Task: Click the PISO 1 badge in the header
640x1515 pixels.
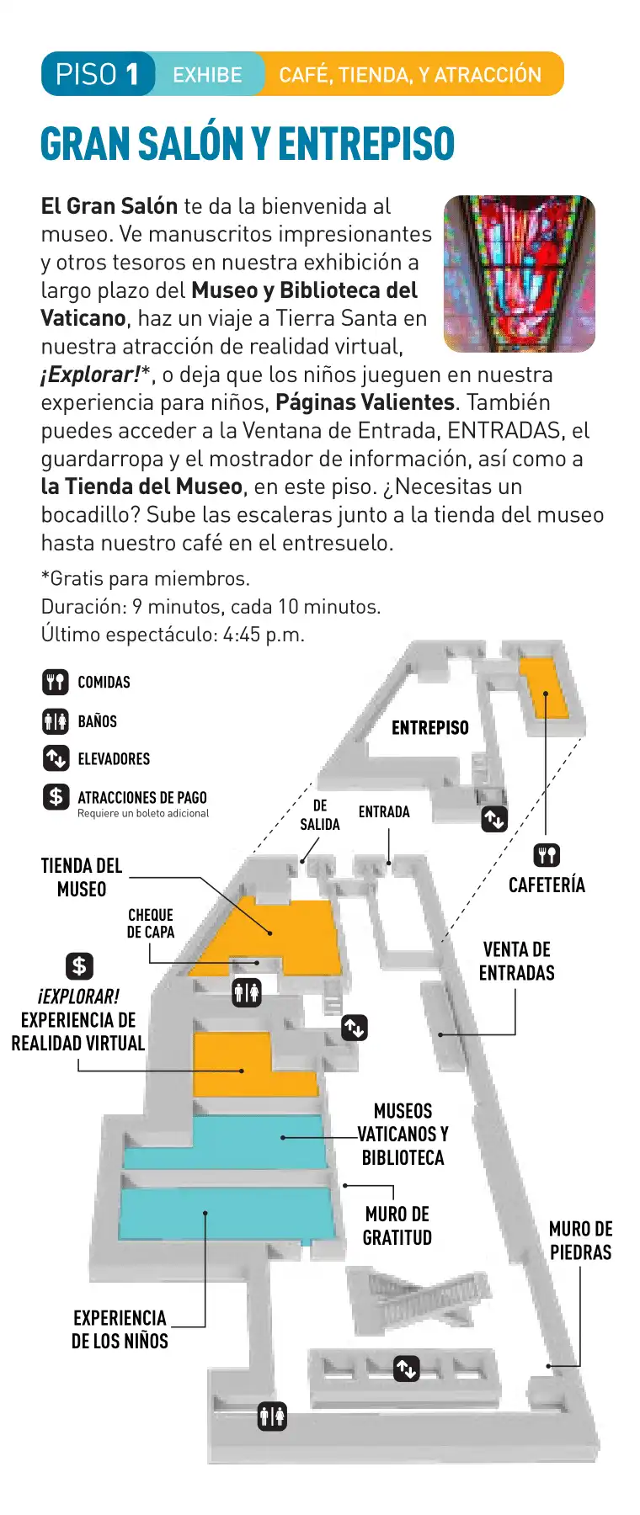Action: [97, 74]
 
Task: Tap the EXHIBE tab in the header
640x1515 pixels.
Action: [207, 75]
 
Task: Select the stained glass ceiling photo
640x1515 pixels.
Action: [519, 274]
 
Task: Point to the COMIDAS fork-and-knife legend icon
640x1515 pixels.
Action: [56, 682]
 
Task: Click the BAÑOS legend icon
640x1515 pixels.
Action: [56, 721]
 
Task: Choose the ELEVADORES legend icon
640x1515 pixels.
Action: [56, 758]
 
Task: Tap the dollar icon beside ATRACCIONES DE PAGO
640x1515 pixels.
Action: [56, 796]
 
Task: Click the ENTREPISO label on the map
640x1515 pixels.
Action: [429, 728]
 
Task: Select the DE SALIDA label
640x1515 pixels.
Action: [320, 816]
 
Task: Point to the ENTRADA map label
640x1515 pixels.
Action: [384, 812]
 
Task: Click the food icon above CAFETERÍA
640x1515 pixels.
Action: [547, 856]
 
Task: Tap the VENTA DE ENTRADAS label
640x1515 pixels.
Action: [517, 961]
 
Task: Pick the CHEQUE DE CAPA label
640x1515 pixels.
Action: [151, 923]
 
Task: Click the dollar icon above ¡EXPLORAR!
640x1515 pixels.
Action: [79, 965]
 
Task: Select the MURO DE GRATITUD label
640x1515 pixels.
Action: [397, 1226]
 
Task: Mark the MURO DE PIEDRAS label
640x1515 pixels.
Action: [580, 1241]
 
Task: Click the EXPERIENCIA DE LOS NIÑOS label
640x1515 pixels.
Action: [120, 1330]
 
